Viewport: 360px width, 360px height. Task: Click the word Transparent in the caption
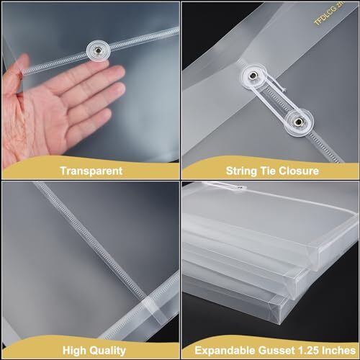pyautogui.click(x=91, y=171)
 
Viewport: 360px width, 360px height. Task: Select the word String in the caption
pyautogui.click(x=223, y=171)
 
